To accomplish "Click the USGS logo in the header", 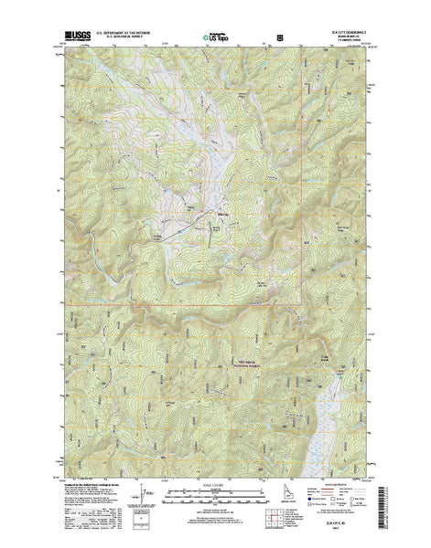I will (x=74, y=35).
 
